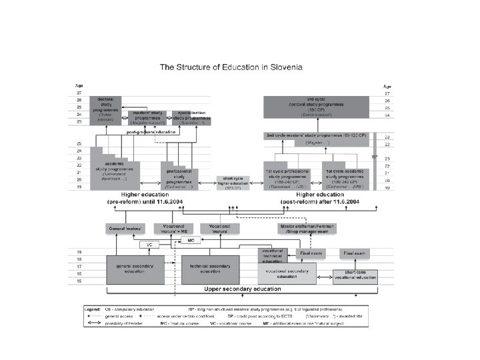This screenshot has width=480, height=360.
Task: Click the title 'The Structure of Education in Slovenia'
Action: pyautogui.click(x=230, y=67)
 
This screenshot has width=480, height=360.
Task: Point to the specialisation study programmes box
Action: pyautogui.click(x=191, y=118)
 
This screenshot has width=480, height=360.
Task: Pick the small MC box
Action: pyautogui.click(x=190, y=239)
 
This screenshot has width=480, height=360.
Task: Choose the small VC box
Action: pyautogui.click(x=149, y=245)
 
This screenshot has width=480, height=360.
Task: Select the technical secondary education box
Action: pyautogui.click(x=209, y=268)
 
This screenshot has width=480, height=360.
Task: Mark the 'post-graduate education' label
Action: pyautogui.click(x=152, y=132)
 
